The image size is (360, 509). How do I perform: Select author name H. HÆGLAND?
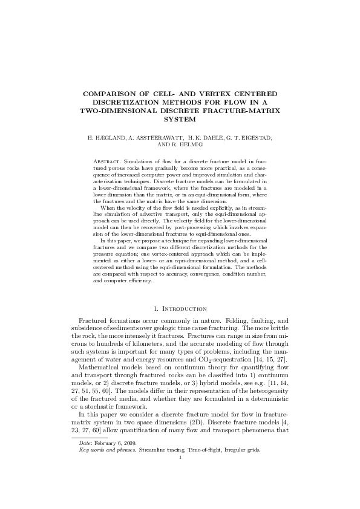tap(105, 138)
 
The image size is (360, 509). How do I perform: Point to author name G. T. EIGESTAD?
tap(248, 138)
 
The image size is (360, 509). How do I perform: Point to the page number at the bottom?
tap(180, 457)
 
